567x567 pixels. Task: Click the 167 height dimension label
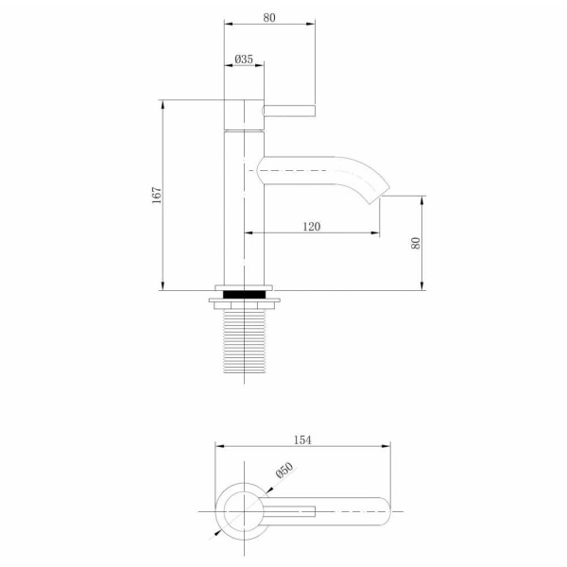point(158,194)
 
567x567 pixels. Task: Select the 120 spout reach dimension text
point(312,225)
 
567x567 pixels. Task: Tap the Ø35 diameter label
point(244,59)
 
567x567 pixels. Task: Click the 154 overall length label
point(302,438)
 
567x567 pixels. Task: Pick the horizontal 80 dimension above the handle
point(269,16)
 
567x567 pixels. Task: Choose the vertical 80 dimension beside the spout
point(415,243)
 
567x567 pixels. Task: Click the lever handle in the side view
point(287,110)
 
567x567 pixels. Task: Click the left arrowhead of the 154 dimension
point(218,447)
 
